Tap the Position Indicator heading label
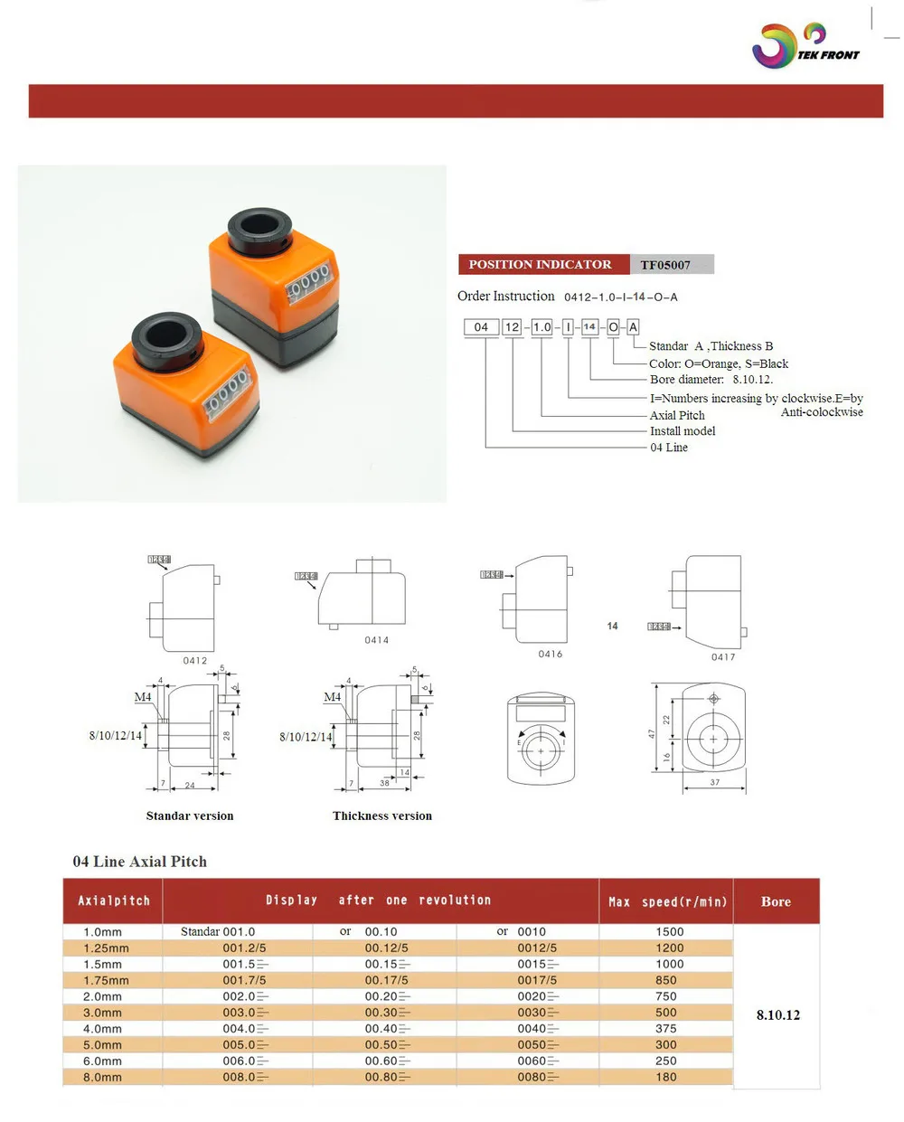pyautogui.click(x=540, y=264)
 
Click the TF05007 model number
pyautogui.click(x=665, y=265)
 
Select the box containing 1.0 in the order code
pyautogui.click(x=541, y=327)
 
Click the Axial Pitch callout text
pyautogui.click(x=677, y=415)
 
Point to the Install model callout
pyautogui.click(x=683, y=431)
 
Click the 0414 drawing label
pyautogui.click(x=377, y=640)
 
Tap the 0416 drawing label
pyautogui.click(x=551, y=654)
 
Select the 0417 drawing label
pyautogui.click(x=723, y=657)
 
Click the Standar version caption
pyautogui.click(x=190, y=816)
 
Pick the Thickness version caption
pyautogui.click(x=382, y=816)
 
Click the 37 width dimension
pyautogui.click(x=715, y=782)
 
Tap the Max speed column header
pyautogui.click(x=667, y=901)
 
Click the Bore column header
pyautogui.click(x=776, y=901)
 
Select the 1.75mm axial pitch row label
pyautogui.click(x=106, y=980)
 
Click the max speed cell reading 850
pyautogui.click(x=666, y=980)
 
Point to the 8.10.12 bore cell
pyautogui.click(x=778, y=1014)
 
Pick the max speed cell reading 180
pyautogui.click(x=666, y=1077)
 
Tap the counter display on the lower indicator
pyautogui.click(x=226, y=394)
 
